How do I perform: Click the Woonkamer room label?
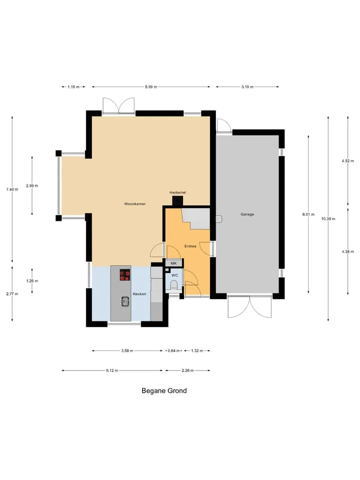(134, 204)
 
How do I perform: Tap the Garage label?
(247, 214)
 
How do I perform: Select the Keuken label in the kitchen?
(139, 294)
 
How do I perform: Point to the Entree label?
(190, 246)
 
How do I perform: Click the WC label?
(174, 275)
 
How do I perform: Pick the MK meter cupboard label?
(173, 263)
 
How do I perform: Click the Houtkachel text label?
(177, 192)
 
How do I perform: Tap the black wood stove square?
(177, 201)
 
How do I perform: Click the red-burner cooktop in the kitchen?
(124, 275)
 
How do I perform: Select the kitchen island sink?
(125, 301)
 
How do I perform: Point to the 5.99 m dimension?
(151, 87)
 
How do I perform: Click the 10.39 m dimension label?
(328, 219)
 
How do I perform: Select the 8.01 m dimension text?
(308, 214)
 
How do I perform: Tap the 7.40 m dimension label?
(12, 189)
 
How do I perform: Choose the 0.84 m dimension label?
(173, 351)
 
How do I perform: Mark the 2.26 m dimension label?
(187, 370)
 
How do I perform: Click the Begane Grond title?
(164, 390)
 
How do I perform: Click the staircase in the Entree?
(196, 218)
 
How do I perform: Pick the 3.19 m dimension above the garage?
(247, 87)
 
